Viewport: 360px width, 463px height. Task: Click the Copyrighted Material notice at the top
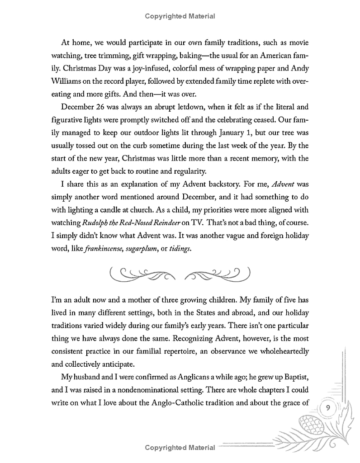180,16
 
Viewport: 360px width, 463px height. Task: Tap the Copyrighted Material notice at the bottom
180,448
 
